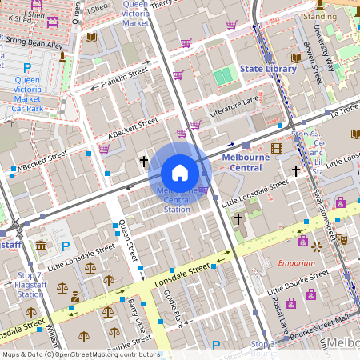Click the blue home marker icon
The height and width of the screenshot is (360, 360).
(180, 172)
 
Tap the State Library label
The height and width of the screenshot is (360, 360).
(268, 69)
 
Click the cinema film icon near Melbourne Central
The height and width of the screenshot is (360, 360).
(277, 147)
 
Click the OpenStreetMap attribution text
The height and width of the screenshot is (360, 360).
(81, 354)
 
